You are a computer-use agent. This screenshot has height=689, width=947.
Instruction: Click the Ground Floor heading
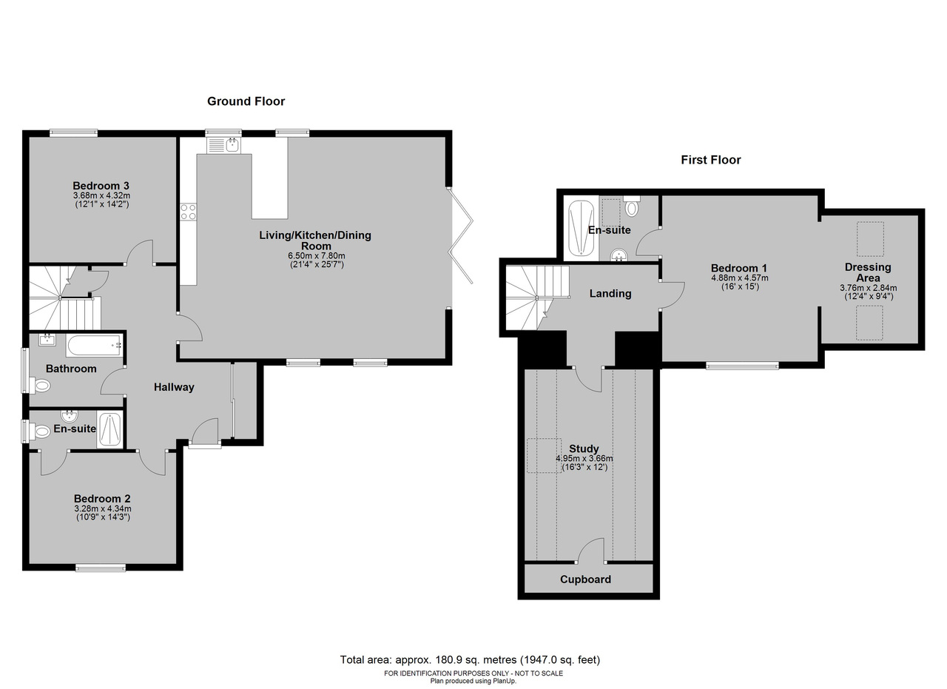point(246,101)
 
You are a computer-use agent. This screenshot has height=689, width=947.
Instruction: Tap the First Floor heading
point(711,160)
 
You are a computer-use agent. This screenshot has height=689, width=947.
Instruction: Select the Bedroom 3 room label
point(101,186)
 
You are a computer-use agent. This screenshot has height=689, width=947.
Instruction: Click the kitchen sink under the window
point(223,145)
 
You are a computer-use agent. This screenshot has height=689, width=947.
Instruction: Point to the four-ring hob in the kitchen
point(188,212)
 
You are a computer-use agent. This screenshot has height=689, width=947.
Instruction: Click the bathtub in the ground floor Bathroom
point(94,346)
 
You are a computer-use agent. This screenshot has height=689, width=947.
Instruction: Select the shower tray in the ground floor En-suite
point(109,430)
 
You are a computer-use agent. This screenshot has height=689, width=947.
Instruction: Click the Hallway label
point(174,387)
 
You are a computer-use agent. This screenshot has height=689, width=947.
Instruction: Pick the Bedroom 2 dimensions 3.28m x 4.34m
point(103,508)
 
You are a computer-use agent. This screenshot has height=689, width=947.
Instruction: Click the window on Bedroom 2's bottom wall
point(101,568)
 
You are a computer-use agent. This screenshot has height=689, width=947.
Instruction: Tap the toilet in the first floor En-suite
point(632,206)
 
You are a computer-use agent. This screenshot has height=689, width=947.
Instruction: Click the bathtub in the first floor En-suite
point(582,228)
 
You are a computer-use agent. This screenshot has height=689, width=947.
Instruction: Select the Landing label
point(610,294)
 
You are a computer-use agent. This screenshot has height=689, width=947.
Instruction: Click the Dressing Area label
point(868,272)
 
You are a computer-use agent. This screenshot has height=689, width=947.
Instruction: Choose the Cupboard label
point(585,579)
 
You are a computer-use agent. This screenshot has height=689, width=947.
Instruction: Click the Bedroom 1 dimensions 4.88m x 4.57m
point(739,278)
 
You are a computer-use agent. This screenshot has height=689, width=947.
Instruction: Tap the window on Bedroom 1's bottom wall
point(742,366)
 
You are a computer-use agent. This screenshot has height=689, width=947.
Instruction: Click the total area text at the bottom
point(470,659)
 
